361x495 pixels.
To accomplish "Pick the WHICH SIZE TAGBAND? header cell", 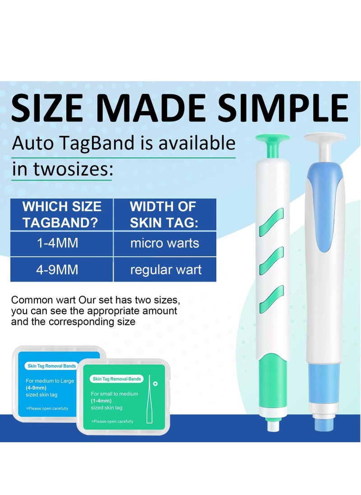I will [62, 215].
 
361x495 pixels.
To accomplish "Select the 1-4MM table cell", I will [57, 243].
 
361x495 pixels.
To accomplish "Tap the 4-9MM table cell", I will [57, 270].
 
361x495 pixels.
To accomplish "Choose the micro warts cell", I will [165, 243].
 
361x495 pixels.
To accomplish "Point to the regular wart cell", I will [166, 270].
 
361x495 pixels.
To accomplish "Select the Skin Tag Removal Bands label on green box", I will [116, 379].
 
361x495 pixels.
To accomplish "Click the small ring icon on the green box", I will [155, 383].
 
